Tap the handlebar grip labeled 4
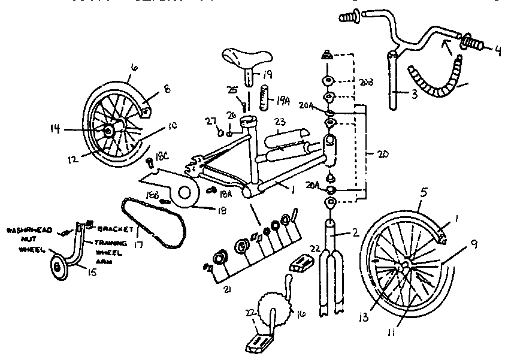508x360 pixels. pyautogui.click(x=474, y=44)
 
